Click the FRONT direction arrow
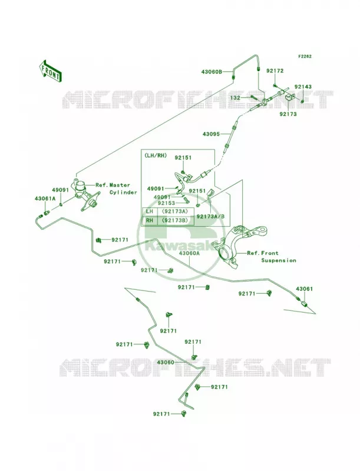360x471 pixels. (50, 71)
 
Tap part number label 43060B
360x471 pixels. (212, 72)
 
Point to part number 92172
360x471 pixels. (275, 71)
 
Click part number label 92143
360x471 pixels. (303, 87)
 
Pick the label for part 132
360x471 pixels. (235, 98)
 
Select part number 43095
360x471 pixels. (211, 134)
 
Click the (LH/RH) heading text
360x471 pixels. (156, 155)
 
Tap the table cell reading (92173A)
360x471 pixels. (174, 211)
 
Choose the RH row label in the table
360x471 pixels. (150, 220)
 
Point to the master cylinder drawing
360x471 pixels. (85, 195)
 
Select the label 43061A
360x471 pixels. (45, 198)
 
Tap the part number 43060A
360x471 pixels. (189, 253)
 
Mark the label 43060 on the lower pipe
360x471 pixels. (166, 363)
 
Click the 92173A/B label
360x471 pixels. (210, 216)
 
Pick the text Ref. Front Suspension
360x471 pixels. (272, 257)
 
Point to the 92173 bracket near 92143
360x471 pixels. (290, 98)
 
